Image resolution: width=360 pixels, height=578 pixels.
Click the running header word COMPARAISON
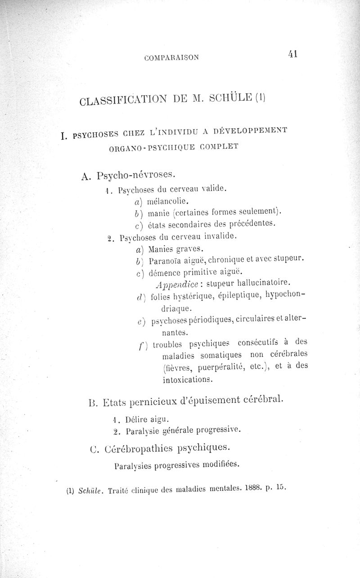tap(172, 57)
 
